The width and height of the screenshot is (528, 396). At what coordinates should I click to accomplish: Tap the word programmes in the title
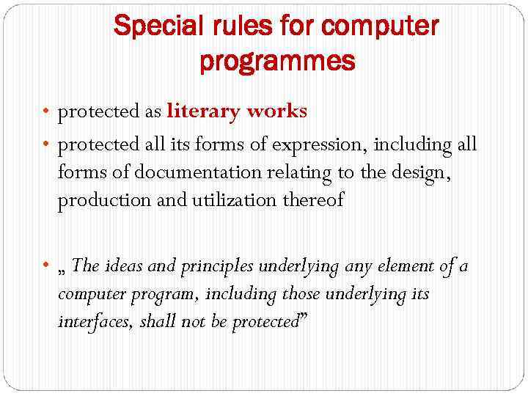coord(277,62)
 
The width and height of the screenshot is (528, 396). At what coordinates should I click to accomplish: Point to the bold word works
coord(277,111)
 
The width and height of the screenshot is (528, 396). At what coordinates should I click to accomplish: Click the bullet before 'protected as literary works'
coord(46,112)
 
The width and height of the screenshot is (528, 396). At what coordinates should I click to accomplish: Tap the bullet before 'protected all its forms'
coord(46,145)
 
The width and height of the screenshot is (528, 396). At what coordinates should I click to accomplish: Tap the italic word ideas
coord(124,265)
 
